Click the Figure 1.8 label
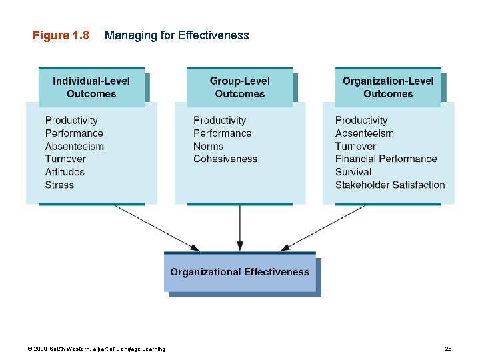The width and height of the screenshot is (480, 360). [x=61, y=35]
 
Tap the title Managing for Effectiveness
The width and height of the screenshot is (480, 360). [x=177, y=35]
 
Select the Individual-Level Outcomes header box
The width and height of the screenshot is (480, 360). [x=91, y=87]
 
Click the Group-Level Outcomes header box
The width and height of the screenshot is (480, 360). [x=239, y=87]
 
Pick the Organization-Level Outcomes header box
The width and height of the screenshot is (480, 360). [x=388, y=87]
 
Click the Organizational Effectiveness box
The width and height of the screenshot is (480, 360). [x=240, y=272]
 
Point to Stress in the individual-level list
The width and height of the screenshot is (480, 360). [x=59, y=185]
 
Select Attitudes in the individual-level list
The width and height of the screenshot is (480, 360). [x=65, y=172]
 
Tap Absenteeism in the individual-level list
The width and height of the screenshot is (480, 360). [x=75, y=146]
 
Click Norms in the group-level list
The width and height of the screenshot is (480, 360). [x=209, y=146]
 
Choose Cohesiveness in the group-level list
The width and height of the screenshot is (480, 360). [x=225, y=159]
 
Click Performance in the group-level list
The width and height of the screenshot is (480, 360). [x=223, y=133]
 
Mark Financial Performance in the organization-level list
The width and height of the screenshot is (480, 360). [x=386, y=159]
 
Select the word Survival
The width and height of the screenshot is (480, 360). [x=353, y=172]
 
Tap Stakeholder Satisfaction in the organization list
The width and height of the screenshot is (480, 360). [x=390, y=185]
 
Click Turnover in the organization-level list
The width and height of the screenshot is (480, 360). [x=355, y=146]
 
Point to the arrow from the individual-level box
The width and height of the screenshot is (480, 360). [x=157, y=227]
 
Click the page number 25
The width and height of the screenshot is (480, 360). [x=448, y=349]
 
